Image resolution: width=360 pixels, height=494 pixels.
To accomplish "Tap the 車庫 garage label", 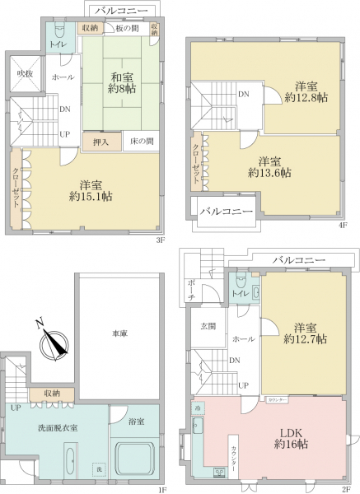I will [x=119, y=333].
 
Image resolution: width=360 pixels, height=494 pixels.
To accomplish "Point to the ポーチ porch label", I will [x=190, y=287].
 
